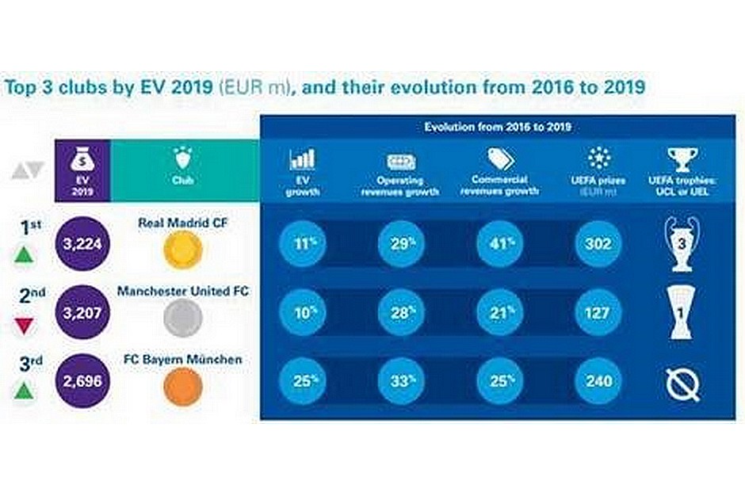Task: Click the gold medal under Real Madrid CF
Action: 182,250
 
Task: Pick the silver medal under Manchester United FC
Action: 182,319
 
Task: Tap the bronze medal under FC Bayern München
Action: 182,386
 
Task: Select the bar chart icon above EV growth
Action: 303,159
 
